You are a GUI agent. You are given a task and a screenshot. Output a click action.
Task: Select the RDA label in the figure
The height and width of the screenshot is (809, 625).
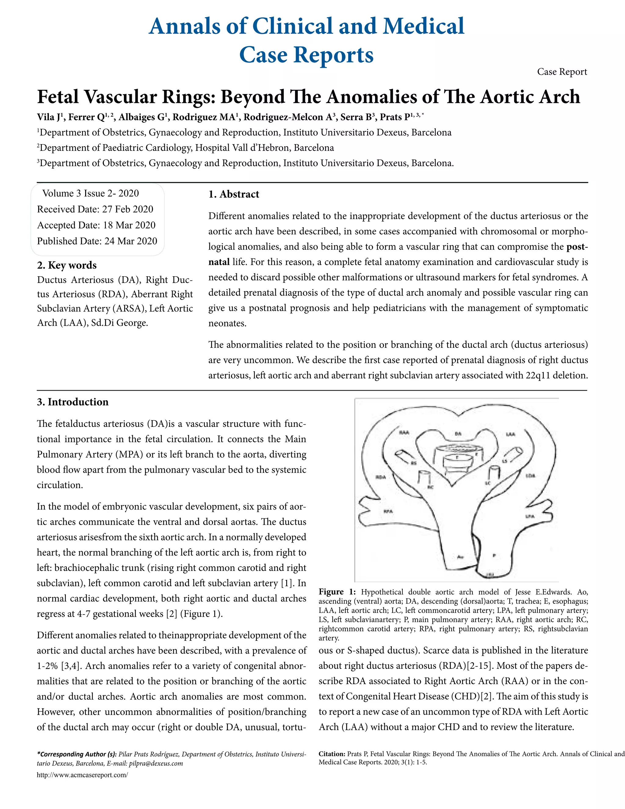[381, 477]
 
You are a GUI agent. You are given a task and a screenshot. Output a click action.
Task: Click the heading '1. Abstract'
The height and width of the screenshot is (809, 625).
[234, 194]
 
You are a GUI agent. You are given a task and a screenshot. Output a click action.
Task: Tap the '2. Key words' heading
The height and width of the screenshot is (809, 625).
[67, 265]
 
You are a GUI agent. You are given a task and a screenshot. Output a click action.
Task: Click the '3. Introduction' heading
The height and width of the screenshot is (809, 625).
[73, 402]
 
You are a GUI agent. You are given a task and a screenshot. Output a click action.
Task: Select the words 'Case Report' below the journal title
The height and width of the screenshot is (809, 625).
[562, 71]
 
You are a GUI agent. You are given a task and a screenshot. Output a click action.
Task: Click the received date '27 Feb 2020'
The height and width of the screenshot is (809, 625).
[127, 209]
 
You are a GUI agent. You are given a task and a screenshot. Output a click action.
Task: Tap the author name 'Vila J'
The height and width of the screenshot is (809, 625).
[50, 118]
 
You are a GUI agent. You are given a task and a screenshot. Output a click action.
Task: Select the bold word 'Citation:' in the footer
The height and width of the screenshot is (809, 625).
[332, 754]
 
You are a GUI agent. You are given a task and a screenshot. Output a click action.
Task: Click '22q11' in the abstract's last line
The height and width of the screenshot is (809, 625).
[538, 375]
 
